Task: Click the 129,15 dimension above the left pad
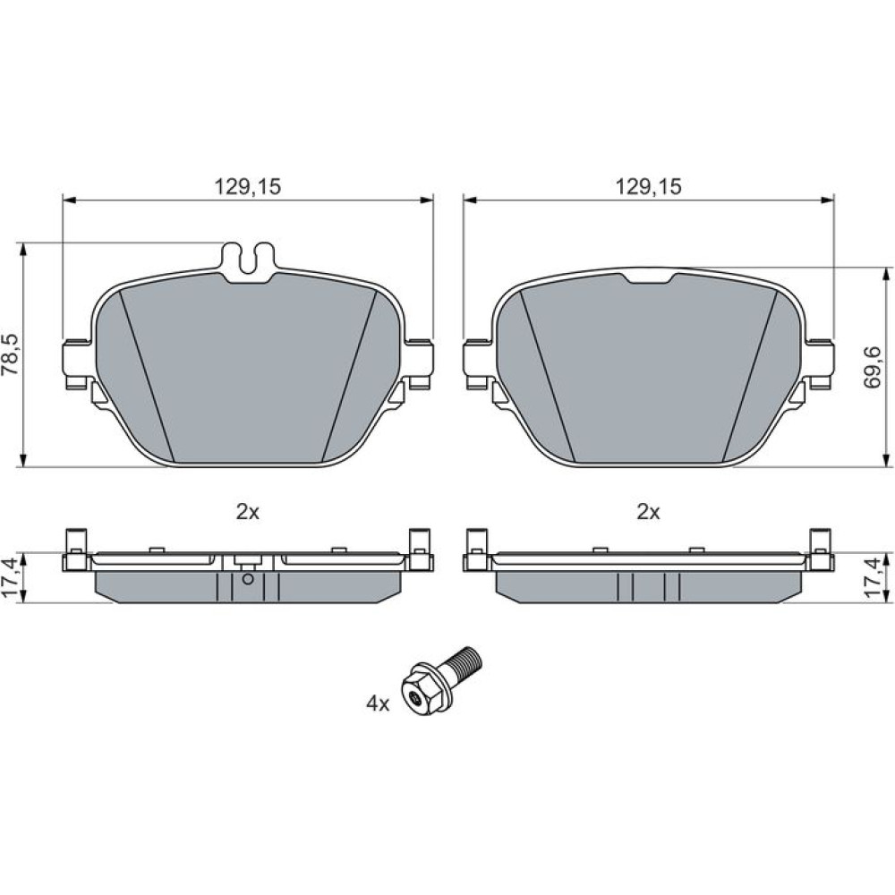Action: click(x=248, y=187)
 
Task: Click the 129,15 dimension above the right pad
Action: click(x=648, y=187)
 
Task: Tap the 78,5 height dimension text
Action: click(x=10, y=354)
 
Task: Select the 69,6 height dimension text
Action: click(x=873, y=367)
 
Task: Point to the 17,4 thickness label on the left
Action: click(x=10, y=577)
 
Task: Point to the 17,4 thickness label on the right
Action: click(x=874, y=577)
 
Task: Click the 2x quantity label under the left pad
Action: click(x=248, y=512)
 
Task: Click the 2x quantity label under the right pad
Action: click(x=648, y=512)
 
